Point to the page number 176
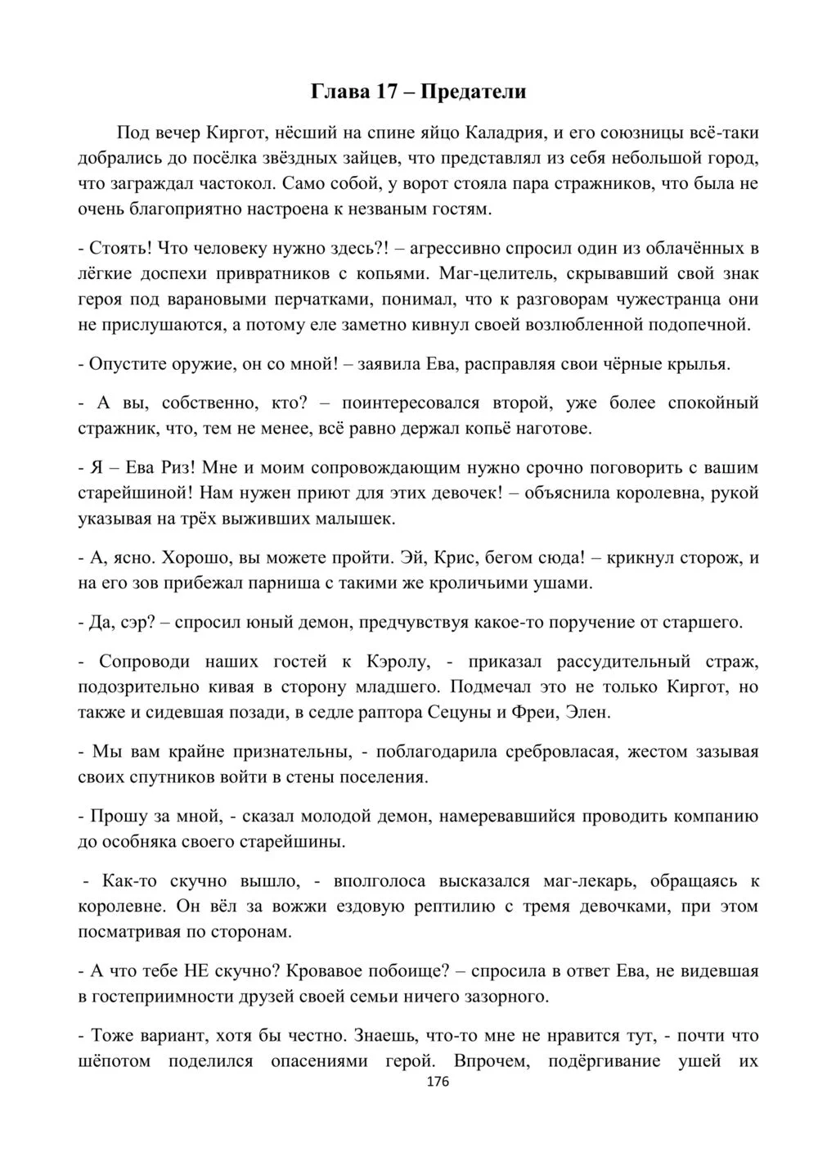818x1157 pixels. coord(416,1083)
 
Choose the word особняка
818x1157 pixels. coord(141,841)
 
